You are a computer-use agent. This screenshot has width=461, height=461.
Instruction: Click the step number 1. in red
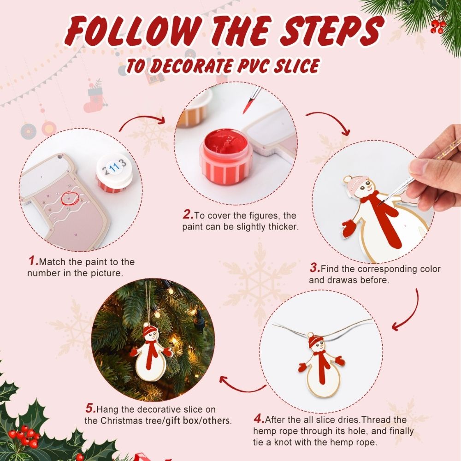pos(33,261)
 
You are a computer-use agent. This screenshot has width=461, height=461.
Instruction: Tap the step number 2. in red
pos(188,215)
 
